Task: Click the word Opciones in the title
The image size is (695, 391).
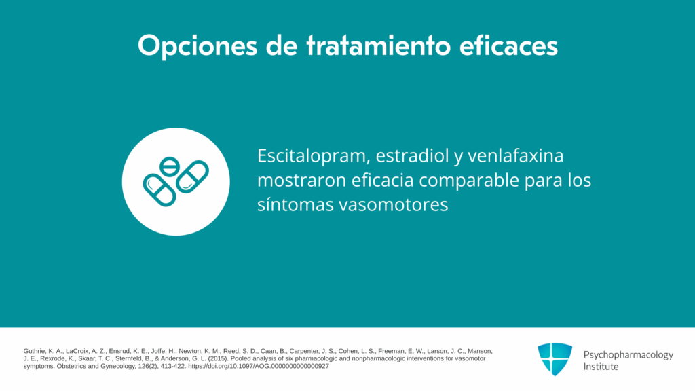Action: [x=198, y=45]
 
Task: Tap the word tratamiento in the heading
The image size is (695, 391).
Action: [x=378, y=45]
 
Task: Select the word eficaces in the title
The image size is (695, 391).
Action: [x=508, y=45]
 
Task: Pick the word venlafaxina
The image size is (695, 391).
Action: [x=516, y=155]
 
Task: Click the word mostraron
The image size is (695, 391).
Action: [x=301, y=181]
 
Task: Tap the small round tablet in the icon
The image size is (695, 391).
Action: [x=169, y=167]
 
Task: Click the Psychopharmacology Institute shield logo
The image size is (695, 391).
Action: [x=555, y=359]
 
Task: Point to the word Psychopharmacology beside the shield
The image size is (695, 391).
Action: [x=628, y=355]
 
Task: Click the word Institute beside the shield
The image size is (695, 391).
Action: [x=601, y=367]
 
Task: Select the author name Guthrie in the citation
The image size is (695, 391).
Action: [x=34, y=351]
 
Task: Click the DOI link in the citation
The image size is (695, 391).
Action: [x=259, y=366]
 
